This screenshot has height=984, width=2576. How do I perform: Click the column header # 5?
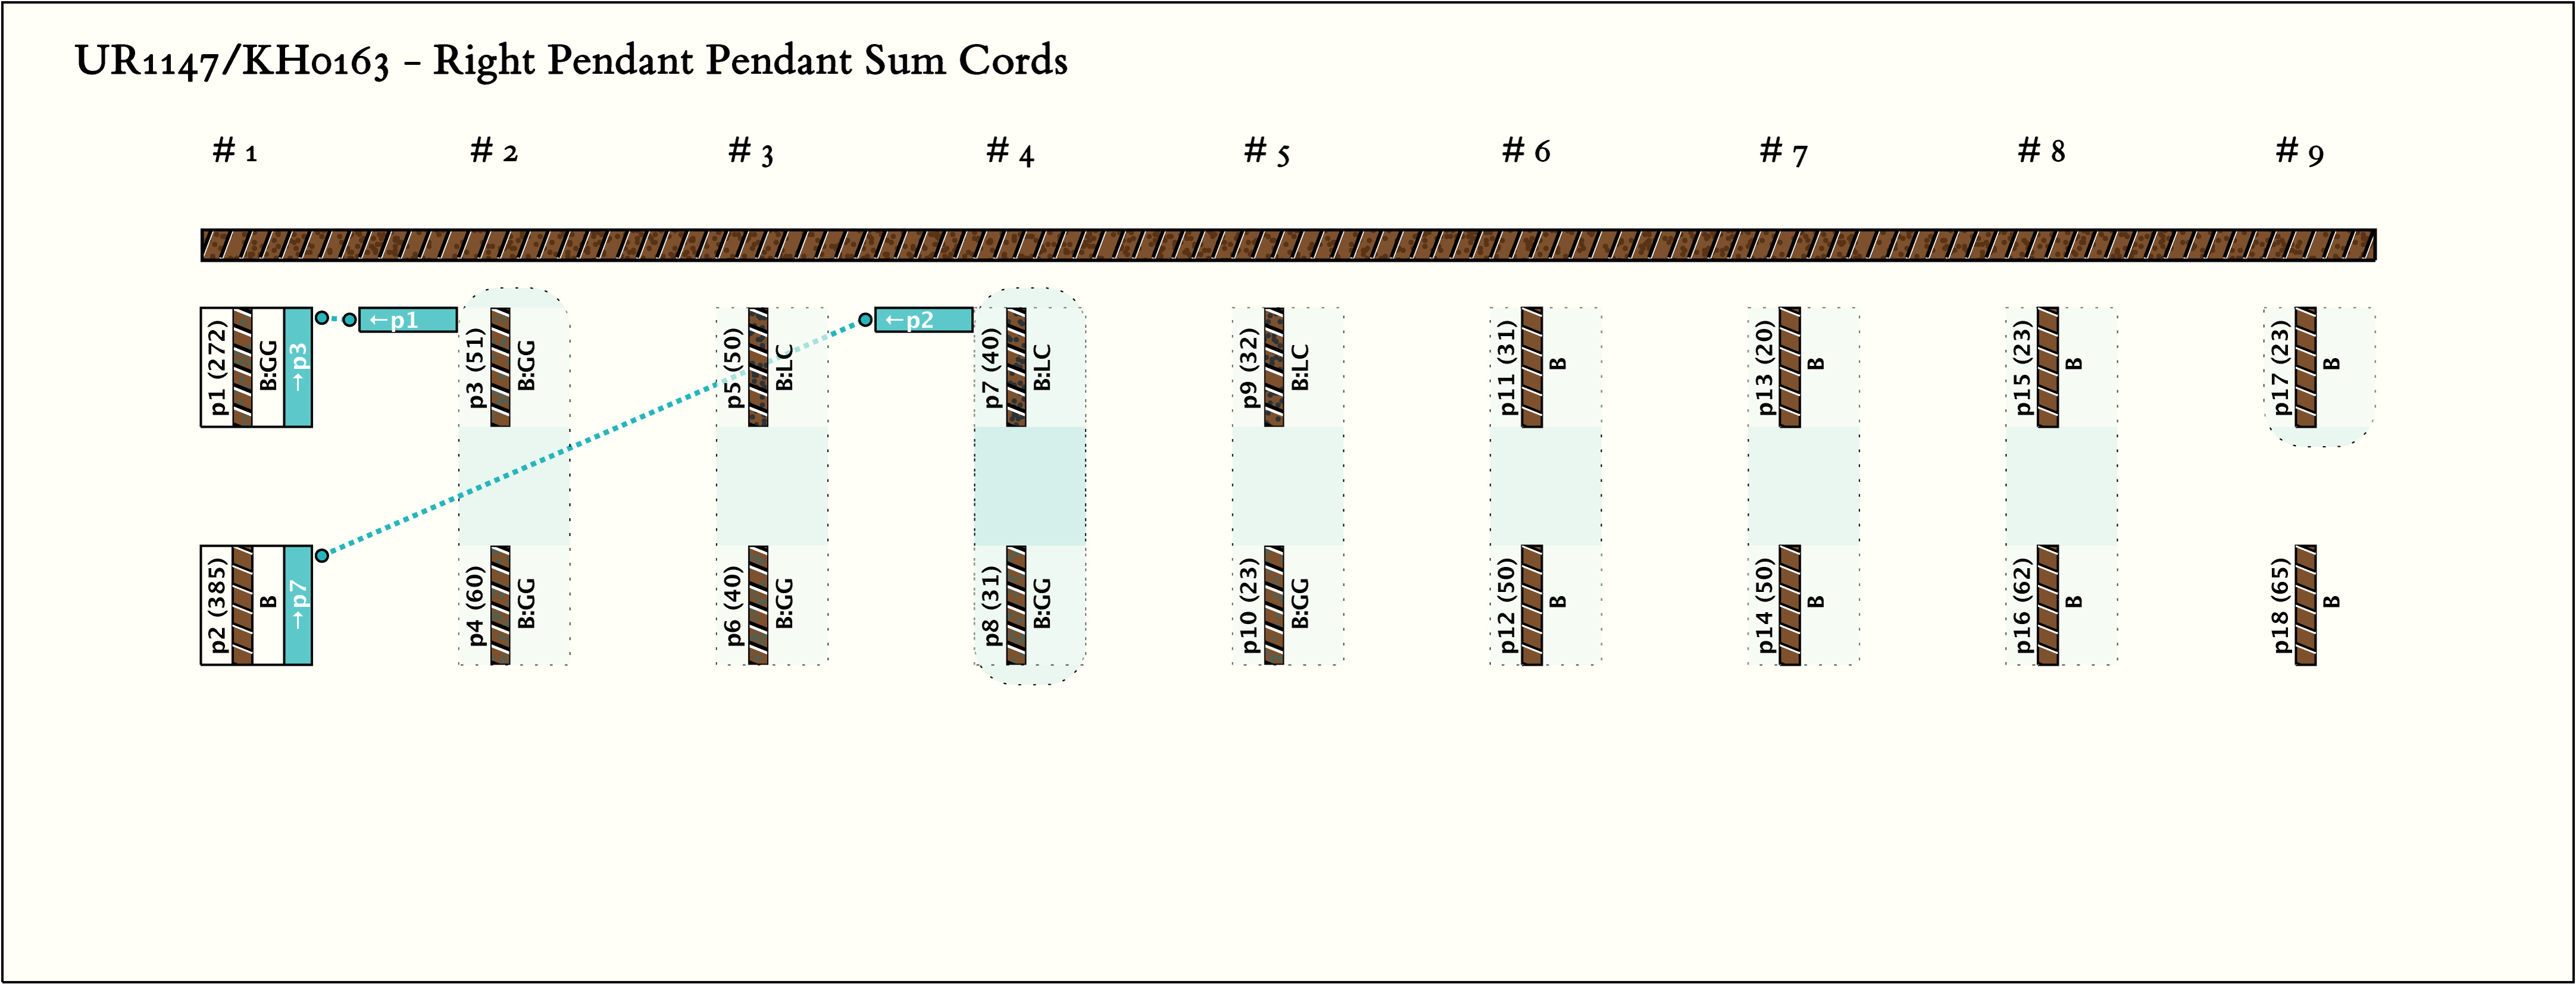pos(1266,152)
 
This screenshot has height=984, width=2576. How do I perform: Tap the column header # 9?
pos(2298,152)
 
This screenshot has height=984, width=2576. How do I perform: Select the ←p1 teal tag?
pos(407,320)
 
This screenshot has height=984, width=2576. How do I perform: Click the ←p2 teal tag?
pos(923,320)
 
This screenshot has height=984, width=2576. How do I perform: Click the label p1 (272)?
pos(218,367)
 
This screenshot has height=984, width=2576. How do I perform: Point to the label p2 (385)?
pos(218,605)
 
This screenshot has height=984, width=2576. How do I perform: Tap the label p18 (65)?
pos(2280,605)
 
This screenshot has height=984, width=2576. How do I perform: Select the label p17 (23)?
pos(2280,367)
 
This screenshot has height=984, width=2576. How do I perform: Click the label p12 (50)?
pos(1507,605)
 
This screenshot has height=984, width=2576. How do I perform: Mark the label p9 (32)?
pos(1249,367)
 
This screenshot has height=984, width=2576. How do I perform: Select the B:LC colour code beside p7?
pos(1042,367)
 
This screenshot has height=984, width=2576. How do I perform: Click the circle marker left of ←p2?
pos(866,320)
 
